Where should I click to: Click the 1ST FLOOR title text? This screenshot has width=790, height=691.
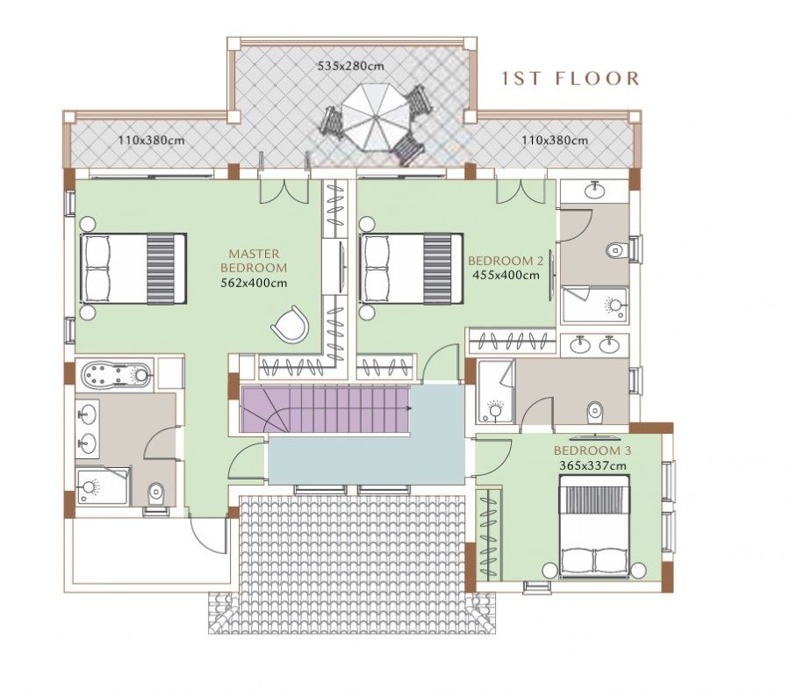tap(570, 79)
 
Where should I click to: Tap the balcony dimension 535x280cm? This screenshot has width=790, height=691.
tap(351, 66)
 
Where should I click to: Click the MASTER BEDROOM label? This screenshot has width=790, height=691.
tap(254, 260)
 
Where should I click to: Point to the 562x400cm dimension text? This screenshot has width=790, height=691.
tap(254, 283)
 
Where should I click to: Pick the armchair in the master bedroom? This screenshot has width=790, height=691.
tap(291, 325)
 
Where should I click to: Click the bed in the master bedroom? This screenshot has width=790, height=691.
tap(133, 268)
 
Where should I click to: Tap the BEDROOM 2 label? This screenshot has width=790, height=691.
tap(506, 261)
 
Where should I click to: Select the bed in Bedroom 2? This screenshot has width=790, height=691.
tap(412, 268)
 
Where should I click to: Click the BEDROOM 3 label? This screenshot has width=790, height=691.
tap(592, 451)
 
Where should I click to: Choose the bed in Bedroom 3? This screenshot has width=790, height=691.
tap(594, 526)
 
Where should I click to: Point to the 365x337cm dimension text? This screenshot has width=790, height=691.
tap(592, 465)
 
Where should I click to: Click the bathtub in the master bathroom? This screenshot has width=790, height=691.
tap(115, 376)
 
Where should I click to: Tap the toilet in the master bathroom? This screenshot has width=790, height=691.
tap(156, 493)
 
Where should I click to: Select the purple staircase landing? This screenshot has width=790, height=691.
tap(261, 410)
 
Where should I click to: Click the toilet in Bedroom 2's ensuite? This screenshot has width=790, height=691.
tap(617, 249)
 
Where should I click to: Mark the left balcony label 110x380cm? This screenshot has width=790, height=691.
tap(151, 140)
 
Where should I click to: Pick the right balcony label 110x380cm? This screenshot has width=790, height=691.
tap(554, 140)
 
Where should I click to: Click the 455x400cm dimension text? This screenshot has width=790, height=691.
tap(506, 275)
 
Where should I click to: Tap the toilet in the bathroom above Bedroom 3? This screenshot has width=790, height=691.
tap(595, 410)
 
